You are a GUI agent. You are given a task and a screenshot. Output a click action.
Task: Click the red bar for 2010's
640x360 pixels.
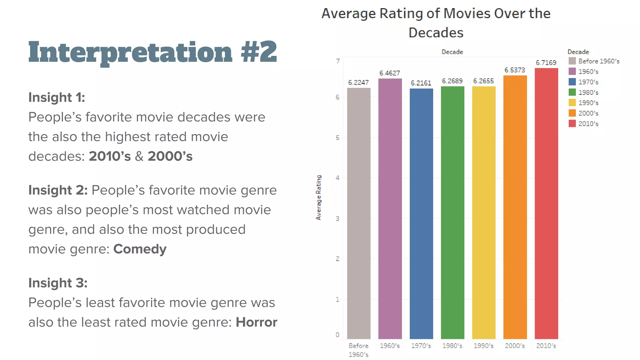tap(546, 203)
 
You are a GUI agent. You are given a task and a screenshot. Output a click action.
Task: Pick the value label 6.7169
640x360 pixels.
tap(546, 63)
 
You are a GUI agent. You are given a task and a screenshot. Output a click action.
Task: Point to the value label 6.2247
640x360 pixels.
tap(358, 82)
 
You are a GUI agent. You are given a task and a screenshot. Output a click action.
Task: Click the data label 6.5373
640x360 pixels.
tap(515, 70)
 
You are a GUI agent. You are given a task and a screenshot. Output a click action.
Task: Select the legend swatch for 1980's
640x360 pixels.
tap(572, 92)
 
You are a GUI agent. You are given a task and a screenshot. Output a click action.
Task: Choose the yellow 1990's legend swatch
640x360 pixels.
tap(572, 102)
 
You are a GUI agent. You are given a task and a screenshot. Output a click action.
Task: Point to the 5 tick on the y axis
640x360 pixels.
tap(337, 138)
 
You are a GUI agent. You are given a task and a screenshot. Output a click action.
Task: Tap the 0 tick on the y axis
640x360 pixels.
tap(337, 335)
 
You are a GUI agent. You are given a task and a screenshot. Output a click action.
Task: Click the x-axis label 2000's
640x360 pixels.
tap(515, 346)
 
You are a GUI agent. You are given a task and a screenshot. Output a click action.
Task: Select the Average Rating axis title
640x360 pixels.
tap(318, 197)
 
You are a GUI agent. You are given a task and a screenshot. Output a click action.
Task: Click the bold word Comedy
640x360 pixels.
tap(140, 249)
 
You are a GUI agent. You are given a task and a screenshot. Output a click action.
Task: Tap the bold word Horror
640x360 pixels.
tap(256, 322)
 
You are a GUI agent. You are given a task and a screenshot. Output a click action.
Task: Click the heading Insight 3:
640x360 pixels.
tap(58, 283)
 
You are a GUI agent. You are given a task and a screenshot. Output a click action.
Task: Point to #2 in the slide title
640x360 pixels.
tap(259, 52)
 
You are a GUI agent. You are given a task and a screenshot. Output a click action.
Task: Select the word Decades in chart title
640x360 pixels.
tap(436, 33)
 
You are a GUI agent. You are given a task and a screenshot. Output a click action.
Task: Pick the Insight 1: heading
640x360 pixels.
tap(57, 97)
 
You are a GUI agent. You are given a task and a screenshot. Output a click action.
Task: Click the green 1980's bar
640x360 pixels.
tap(452, 212)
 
